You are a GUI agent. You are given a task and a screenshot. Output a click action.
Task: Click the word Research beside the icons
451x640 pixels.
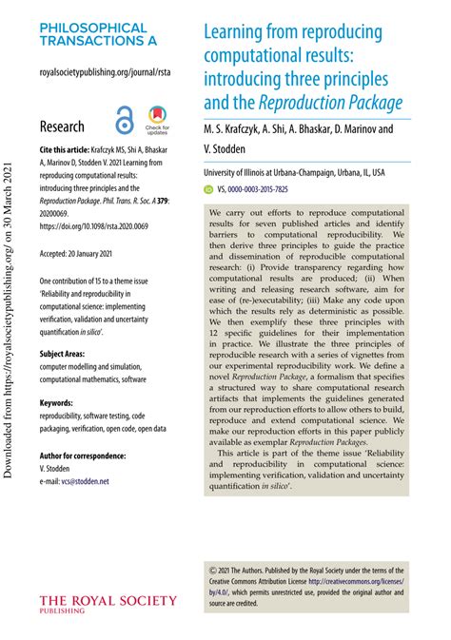[62, 126]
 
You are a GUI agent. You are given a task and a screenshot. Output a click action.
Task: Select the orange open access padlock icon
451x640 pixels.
[125, 122]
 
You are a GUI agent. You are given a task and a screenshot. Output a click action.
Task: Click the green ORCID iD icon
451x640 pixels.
[210, 190]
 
